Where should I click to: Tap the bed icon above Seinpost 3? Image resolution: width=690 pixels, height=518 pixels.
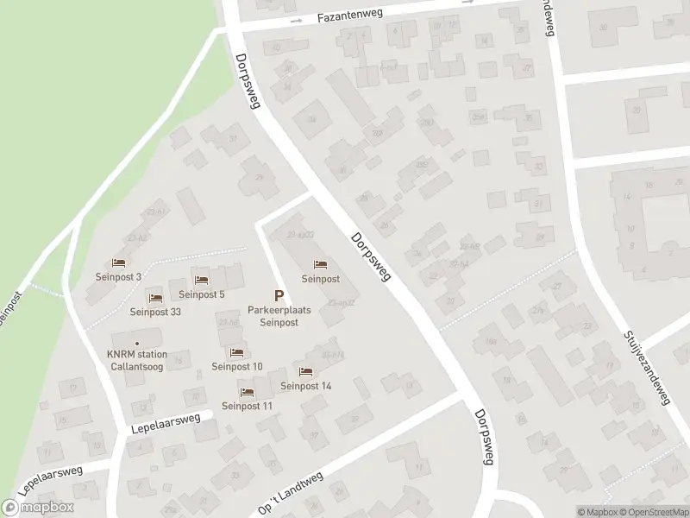119,263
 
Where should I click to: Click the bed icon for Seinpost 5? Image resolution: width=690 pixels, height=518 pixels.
201,281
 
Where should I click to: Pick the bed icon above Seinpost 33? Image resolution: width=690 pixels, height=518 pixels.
155,299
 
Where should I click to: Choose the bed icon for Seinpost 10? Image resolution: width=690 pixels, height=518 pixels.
236,352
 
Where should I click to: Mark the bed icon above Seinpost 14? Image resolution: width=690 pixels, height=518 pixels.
304,372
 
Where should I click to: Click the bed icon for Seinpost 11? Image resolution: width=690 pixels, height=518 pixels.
247,392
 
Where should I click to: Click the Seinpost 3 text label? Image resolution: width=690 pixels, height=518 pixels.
118,277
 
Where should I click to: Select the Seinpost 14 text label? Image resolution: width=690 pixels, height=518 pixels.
305,386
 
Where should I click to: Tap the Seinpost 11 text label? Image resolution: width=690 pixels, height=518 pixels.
248,406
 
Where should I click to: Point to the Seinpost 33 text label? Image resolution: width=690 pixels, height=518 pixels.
155,313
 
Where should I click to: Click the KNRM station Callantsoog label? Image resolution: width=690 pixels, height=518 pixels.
136,360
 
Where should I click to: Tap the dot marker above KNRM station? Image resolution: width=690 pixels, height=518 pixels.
136,343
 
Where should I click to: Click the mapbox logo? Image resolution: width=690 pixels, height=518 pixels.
38,508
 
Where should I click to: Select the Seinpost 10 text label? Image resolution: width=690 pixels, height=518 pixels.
237,366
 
